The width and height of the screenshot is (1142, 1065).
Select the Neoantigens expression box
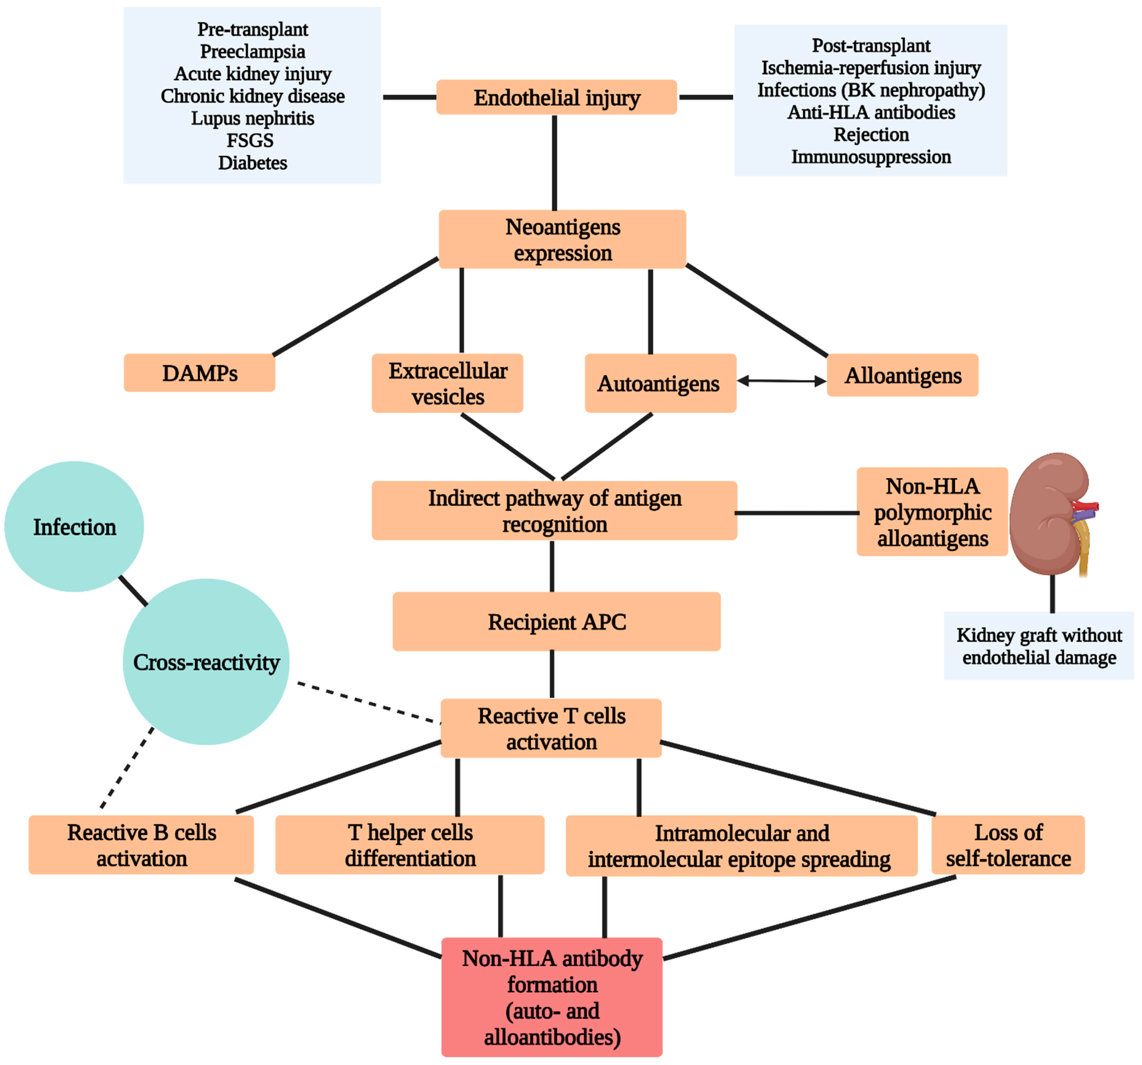(x=562, y=239)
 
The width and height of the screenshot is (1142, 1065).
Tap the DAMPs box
(x=199, y=373)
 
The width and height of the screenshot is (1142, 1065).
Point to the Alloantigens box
(x=902, y=375)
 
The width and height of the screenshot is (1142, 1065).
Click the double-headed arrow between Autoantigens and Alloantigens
(x=781, y=380)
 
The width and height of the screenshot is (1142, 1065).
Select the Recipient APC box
(x=556, y=621)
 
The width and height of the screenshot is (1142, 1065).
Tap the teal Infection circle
(x=74, y=526)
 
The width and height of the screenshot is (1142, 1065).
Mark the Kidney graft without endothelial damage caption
(x=1039, y=646)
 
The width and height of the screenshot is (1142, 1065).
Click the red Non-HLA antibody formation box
(x=551, y=997)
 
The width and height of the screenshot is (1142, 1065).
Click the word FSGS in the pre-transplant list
(x=250, y=140)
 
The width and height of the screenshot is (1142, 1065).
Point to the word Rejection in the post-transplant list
(x=871, y=134)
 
